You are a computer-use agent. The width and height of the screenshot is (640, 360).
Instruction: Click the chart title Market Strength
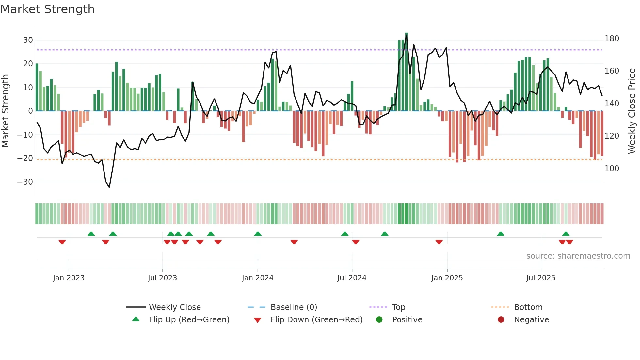click(x=47, y=9)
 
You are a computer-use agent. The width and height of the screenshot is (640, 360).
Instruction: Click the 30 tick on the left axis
click(x=28, y=40)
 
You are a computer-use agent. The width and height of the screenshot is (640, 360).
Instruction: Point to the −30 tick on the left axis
click(x=25, y=182)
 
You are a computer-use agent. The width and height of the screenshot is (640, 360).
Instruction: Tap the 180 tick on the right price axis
click(x=612, y=39)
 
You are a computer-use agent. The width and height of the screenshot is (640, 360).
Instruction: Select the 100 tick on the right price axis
click(x=612, y=169)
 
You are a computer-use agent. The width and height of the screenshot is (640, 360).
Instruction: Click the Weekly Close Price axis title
click(x=632, y=111)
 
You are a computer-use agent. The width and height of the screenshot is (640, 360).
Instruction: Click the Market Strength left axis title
click(x=5, y=111)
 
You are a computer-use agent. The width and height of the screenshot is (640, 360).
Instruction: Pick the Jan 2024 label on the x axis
click(x=258, y=278)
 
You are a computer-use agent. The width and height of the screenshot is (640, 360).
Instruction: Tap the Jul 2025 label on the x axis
click(x=541, y=278)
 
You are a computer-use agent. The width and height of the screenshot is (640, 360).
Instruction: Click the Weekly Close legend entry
click(x=175, y=307)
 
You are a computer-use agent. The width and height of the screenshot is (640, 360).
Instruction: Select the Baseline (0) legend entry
click(x=294, y=307)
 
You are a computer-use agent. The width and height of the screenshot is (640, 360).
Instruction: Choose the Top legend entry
click(x=398, y=307)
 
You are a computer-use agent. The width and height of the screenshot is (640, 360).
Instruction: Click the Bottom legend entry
click(x=528, y=307)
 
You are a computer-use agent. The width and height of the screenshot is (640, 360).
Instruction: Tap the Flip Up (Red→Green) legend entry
click(x=189, y=320)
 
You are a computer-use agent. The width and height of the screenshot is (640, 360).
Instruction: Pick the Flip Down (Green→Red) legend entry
click(x=316, y=320)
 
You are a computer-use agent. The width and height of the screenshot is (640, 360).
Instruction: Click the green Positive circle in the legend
click(x=379, y=319)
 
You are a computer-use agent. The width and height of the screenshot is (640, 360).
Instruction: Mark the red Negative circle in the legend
click(x=501, y=319)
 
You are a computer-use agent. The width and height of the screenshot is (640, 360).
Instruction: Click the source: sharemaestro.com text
click(x=578, y=256)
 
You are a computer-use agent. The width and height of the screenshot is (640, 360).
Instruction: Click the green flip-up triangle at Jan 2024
click(x=258, y=234)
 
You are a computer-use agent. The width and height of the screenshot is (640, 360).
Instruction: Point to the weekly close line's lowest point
click(x=109, y=187)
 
